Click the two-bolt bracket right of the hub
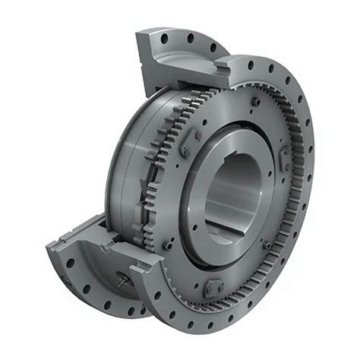point(282,160)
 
